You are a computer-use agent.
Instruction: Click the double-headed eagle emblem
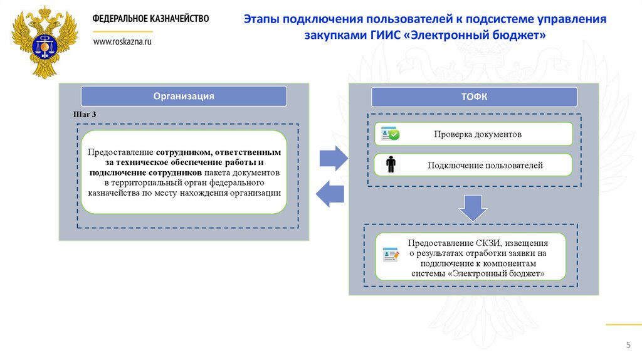(x=43, y=42)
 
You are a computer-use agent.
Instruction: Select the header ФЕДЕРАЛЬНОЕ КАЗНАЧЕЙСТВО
(x=150, y=19)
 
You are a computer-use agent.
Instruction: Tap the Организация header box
(x=184, y=96)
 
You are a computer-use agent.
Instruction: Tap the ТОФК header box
(x=474, y=97)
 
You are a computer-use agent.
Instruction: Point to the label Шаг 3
(x=85, y=115)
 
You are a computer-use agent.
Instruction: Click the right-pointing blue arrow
(x=333, y=157)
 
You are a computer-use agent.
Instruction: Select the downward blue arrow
(x=473, y=206)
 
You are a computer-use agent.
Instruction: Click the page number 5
(x=628, y=346)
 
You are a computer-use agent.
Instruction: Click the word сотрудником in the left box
(x=185, y=152)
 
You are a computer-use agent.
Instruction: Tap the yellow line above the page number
(x=624, y=324)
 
